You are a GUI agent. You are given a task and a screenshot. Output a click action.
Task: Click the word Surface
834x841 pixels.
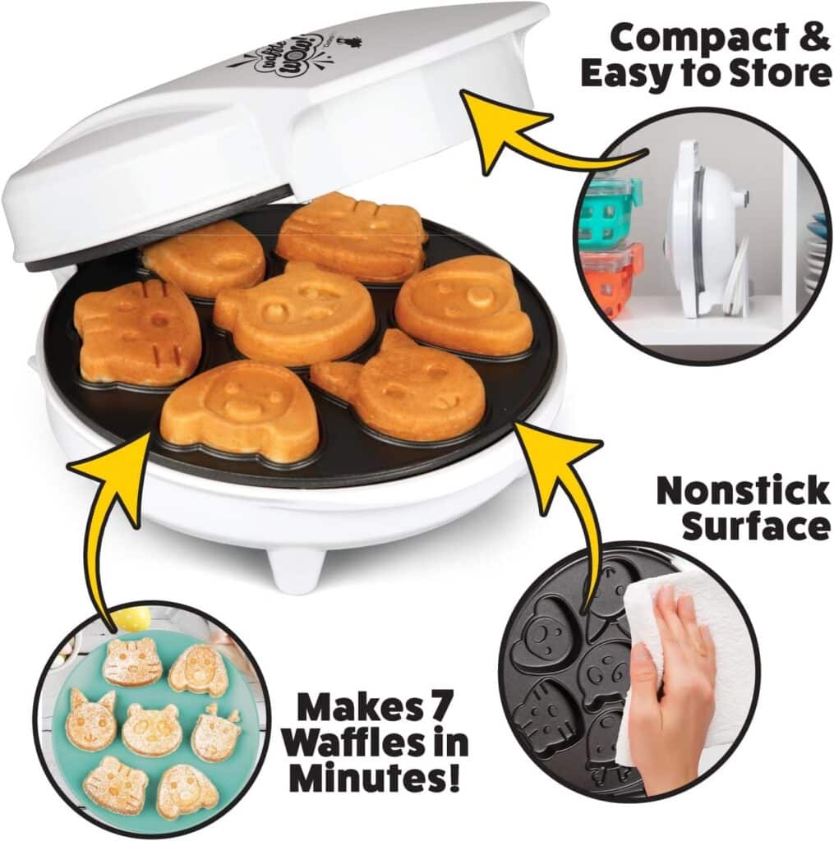pyautogui.click(x=755, y=526)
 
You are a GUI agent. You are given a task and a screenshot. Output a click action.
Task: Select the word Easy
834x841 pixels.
pyautogui.click(x=634, y=74)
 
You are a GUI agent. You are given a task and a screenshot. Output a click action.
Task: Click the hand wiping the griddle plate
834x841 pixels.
pyautogui.click(x=670, y=690)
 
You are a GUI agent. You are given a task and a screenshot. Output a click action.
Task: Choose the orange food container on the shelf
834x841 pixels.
pyautogui.click(x=613, y=279)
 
